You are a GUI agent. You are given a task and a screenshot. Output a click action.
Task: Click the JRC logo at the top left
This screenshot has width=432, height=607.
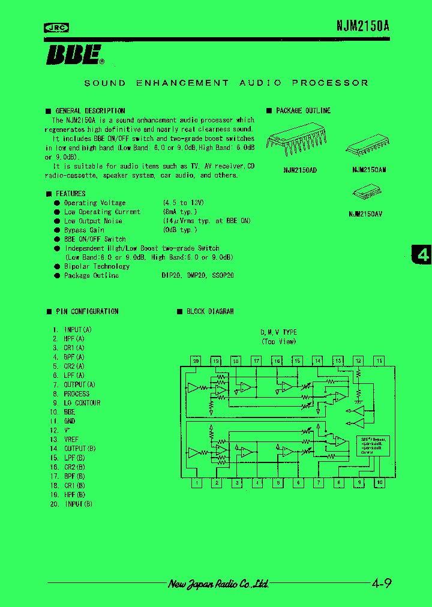pos(56,27)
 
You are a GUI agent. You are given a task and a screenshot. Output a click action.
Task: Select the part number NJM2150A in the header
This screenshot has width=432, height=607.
pos(362,26)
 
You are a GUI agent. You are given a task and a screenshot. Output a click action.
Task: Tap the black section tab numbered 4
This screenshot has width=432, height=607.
pos(423,255)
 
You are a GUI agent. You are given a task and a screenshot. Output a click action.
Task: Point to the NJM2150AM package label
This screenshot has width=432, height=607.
pos(369,170)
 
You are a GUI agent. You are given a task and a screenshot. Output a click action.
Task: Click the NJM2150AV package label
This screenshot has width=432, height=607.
pos(365,214)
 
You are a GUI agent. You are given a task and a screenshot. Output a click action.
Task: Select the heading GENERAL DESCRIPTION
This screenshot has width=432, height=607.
pos(90,111)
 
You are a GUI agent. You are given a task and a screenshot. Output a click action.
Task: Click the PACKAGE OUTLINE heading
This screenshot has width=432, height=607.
pos(303,111)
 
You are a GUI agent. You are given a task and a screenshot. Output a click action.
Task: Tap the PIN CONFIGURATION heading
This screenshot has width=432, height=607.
pos(87,311)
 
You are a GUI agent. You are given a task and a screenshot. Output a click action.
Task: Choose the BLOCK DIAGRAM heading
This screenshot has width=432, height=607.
pos(210,311)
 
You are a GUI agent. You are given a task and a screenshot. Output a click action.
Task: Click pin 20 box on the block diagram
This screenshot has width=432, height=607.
pos(196,361)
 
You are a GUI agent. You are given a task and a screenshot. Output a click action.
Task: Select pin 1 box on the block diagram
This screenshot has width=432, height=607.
pos(196,483)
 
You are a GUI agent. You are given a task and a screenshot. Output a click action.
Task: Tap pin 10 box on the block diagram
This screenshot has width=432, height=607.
pos(379,483)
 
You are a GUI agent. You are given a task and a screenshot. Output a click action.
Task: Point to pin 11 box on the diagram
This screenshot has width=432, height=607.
pos(379,361)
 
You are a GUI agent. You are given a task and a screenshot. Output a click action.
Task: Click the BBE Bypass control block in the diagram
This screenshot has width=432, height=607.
pos(372,446)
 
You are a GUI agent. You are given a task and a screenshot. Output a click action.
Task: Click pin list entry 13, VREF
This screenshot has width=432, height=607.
pos(71,440)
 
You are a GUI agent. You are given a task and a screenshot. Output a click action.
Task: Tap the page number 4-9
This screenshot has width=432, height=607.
pos(382,583)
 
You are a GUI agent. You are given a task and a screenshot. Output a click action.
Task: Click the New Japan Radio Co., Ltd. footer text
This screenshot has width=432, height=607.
pos(218,584)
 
